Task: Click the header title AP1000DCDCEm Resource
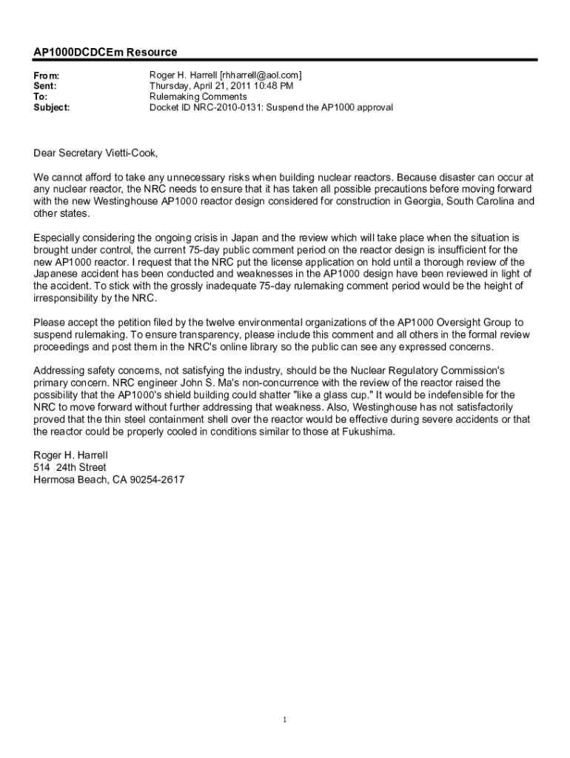tap(105, 53)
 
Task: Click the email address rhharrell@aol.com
tap(261, 76)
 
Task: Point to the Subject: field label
tap(52, 107)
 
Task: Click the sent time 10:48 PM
tap(261, 86)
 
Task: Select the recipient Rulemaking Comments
tap(198, 96)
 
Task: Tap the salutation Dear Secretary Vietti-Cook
tap(95, 153)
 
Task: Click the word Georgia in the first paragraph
tap(394, 201)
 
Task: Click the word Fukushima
tap(363, 432)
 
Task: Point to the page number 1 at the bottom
tap(285, 720)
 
